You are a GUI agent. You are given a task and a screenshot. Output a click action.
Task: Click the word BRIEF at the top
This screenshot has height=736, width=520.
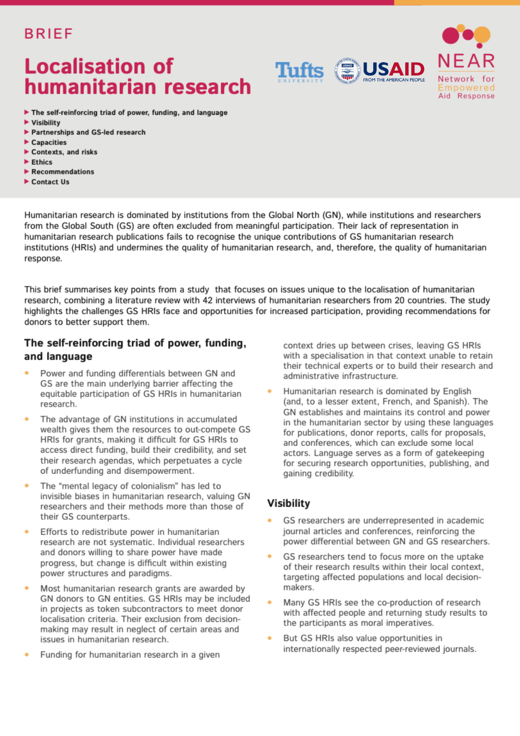[49, 34]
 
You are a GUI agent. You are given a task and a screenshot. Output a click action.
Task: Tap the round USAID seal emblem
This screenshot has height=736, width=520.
[347, 71]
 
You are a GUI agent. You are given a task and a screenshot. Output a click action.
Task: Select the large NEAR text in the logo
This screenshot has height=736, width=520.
[466, 61]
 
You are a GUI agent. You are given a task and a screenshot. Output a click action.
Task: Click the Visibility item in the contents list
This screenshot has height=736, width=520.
[46, 123]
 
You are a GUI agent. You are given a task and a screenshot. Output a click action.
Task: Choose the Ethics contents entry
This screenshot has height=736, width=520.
[42, 162]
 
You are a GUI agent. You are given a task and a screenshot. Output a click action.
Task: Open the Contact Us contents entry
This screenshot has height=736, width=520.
[50, 182]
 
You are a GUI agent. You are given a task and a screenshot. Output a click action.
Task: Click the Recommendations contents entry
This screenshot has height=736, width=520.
[63, 172]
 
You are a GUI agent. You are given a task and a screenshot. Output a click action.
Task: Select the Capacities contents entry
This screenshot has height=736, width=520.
[49, 142]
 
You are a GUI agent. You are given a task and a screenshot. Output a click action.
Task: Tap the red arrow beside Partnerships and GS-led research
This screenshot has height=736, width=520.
[26, 132]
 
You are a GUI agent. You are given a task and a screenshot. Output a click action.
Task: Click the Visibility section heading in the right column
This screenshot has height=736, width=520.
[288, 503]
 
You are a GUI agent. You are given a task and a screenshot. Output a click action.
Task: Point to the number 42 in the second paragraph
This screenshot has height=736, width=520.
[207, 300]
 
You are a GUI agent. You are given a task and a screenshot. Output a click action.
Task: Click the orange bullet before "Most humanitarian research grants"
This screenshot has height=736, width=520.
[27, 588]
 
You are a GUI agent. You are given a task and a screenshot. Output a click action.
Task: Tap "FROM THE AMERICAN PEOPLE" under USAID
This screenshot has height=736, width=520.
[394, 80]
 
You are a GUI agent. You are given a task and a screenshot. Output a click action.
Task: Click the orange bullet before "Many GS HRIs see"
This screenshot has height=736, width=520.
[270, 602]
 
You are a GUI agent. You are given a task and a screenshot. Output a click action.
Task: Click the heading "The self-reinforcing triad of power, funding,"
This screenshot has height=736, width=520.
[135, 343]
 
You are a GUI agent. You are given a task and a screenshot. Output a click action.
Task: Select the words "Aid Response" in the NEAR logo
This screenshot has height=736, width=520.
[466, 96]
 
